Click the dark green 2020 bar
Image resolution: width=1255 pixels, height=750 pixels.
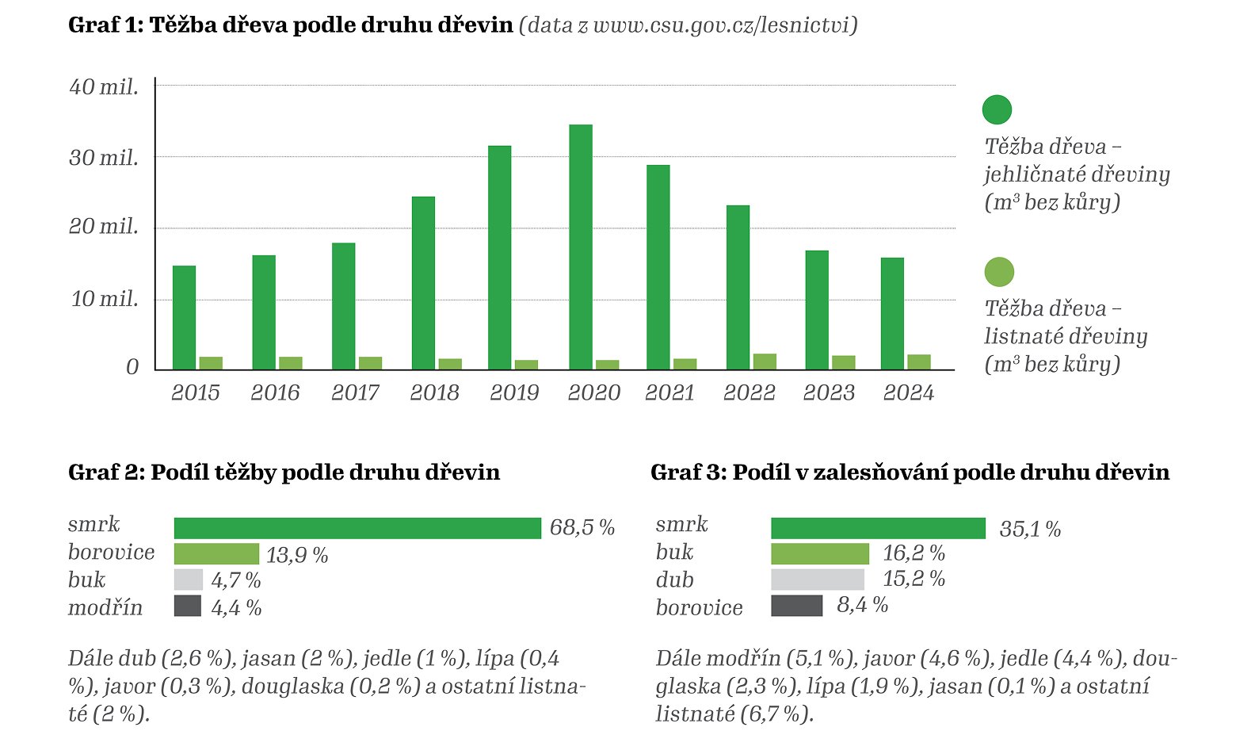(x=580, y=247)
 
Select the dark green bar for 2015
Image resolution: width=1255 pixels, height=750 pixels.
(x=184, y=317)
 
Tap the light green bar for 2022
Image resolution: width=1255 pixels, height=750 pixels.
(x=765, y=362)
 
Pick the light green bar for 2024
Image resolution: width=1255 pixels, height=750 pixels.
(x=919, y=362)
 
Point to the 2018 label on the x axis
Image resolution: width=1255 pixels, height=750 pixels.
(x=434, y=392)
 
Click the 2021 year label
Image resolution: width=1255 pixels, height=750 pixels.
(x=669, y=392)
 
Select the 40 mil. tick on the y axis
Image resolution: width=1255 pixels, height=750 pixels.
(x=104, y=86)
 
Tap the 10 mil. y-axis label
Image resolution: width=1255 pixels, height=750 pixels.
(x=105, y=299)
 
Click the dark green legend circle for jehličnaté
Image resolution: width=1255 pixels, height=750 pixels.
(x=997, y=109)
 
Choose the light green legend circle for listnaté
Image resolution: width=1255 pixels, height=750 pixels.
(x=999, y=272)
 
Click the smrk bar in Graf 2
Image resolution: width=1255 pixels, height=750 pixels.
(x=357, y=528)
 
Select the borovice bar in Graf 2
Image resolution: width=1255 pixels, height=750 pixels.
(x=216, y=553)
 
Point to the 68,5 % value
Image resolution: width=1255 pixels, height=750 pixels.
(x=582, y=528)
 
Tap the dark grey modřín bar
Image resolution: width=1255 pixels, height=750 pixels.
(x=188, y=607)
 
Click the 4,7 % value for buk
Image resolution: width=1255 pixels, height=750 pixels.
(x=236, y=580)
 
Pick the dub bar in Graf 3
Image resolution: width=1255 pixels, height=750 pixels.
(x=818, y=580)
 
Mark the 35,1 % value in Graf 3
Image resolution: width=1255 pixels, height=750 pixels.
(x=1030, y=530)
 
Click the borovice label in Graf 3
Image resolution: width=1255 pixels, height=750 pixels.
(x=699, y=607)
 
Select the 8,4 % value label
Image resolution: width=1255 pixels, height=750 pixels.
(x=862, y=606)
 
